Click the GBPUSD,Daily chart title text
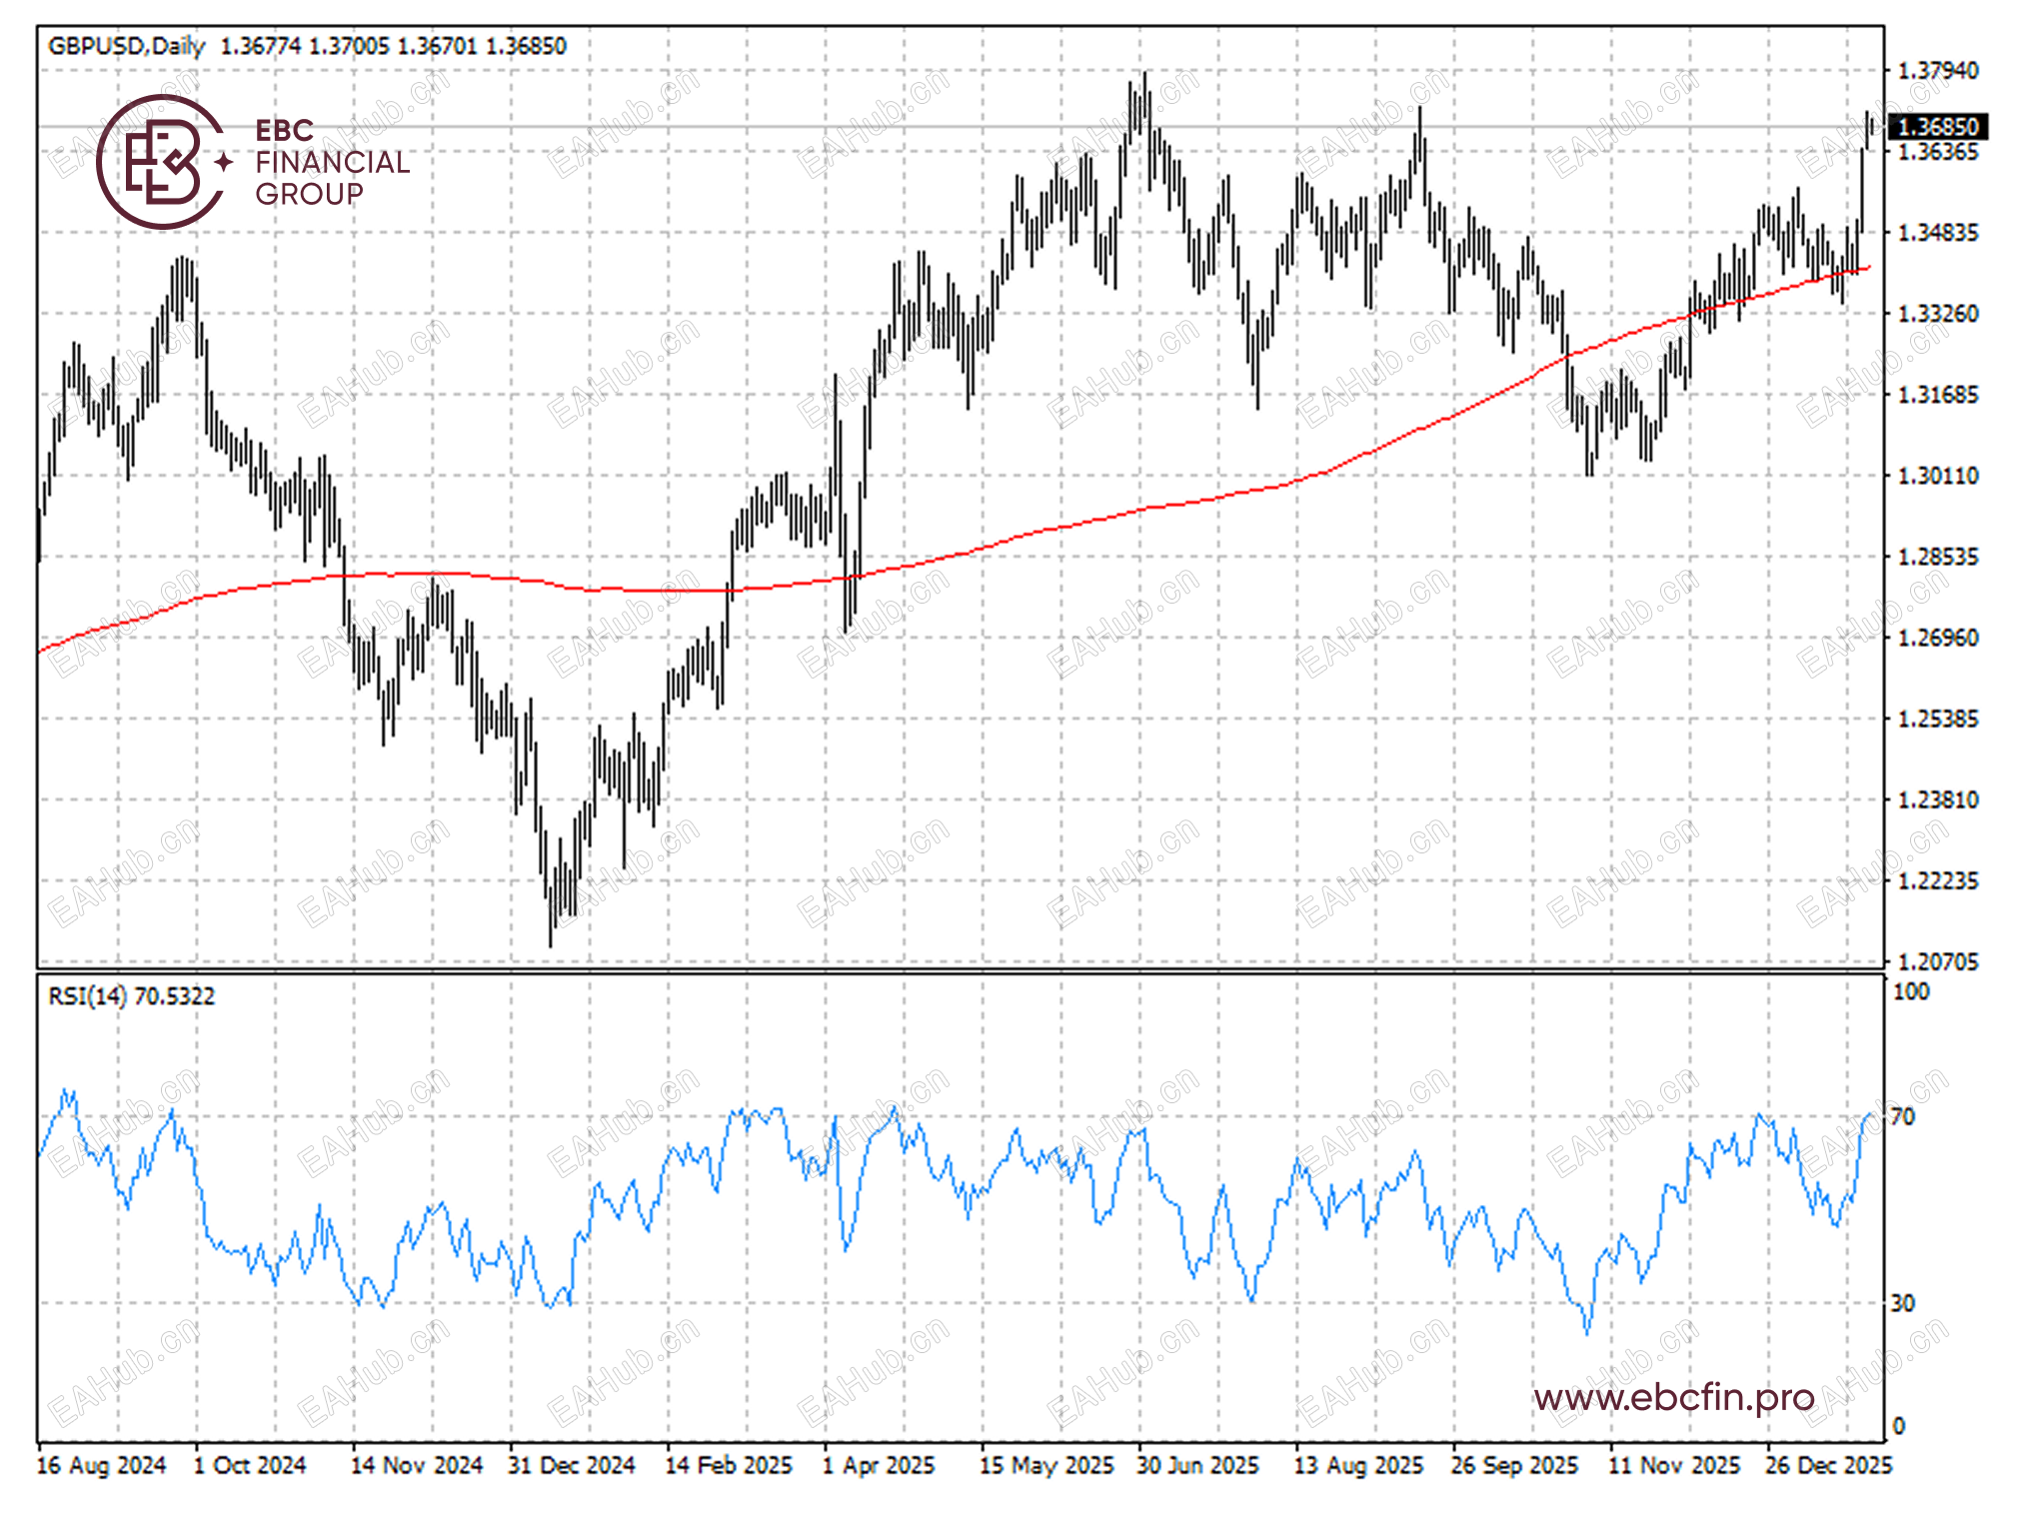click(126, 46)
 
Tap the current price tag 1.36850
click(1937, 127)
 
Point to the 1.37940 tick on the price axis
click(1937, 71)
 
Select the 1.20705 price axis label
click(1937, 961)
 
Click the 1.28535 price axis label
click(1937, 557)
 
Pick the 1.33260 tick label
click(1937, 314)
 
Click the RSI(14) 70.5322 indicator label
click(131, 996)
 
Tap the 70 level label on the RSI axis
click(1903, 1116)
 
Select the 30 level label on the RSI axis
click(1903, 1303)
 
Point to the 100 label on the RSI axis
click(1911, 992)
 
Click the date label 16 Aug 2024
click(101, 1466)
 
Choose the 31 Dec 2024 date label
click(571, 1466)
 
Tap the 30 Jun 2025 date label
click(1197, 1466)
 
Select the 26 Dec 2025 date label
click(1828, 1466)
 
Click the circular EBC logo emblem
click(160, 162)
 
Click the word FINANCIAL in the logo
click(332, 162)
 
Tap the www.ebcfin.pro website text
click(1674, 1397)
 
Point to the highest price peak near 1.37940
click(1144, 76)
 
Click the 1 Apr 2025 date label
click(878, 1466)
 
